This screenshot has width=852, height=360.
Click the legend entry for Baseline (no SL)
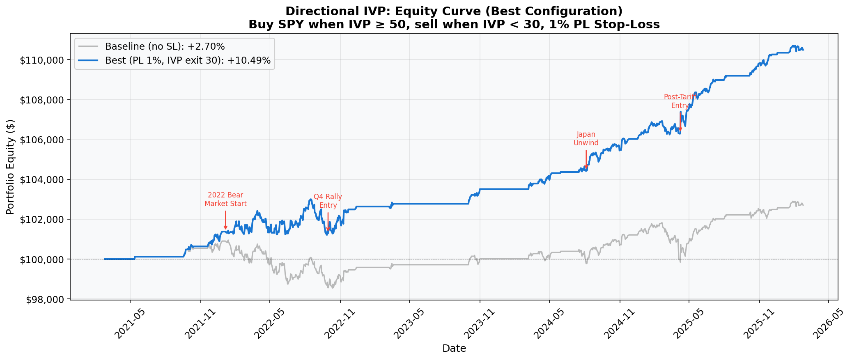(165, 46)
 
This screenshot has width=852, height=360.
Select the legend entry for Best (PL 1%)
(188, 61)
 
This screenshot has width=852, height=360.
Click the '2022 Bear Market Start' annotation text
(225, 199)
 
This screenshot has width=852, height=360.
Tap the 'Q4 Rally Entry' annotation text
(328, 201)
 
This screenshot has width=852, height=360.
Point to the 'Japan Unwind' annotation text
(586, 139)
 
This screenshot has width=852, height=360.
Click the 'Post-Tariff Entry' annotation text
(680, 101)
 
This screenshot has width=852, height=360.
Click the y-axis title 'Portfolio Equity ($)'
(10, 167)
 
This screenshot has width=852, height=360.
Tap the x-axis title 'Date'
(454, 349)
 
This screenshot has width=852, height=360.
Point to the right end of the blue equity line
(803, 50)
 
